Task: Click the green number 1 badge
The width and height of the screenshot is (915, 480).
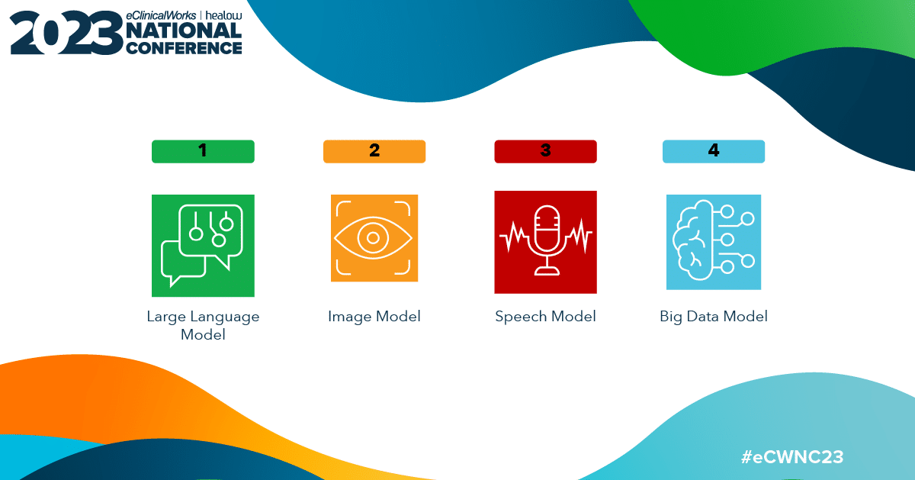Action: tap(203, 151)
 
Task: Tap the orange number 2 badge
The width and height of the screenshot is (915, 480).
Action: tap(374, 151)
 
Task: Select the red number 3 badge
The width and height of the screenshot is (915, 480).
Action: tap(545, 151)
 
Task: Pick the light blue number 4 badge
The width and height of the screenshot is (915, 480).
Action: tap(714, 151)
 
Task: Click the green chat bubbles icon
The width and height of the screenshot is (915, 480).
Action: tap(203, 246)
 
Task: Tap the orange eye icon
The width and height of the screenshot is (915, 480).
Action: tap(374, 238)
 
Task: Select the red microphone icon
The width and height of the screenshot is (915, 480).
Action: tap(545, 242)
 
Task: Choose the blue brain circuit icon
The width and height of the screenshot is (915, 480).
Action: tap(714, 242)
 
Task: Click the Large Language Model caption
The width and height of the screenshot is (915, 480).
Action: tap(203, 325)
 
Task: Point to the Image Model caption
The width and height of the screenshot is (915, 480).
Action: tap(374, 317)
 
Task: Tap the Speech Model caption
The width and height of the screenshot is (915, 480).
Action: tap(545, 317)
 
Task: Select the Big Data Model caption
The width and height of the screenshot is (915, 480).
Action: tap(714, 317)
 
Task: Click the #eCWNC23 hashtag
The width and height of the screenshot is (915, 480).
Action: tap(792, 457)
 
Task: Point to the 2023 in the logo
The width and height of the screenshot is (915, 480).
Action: tap(66, 33)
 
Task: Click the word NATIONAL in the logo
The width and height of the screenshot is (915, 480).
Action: tap(184, 31)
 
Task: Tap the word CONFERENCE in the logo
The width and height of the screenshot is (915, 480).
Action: tap(184, 48)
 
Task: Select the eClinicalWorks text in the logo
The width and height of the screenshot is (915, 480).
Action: tap(161, 15)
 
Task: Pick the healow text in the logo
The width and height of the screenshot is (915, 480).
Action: tap(223, 15)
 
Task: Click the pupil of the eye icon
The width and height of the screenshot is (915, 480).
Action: tap(373, 237)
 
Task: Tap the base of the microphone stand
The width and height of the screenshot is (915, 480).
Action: tap(546, 271)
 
